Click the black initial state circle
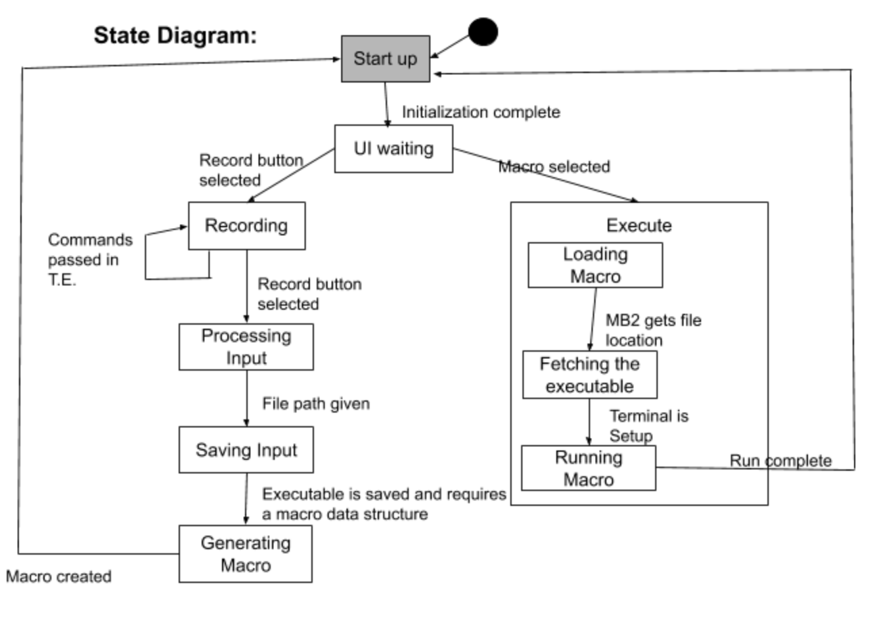point(483,32)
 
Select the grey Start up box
point(386,59)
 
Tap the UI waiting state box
point(394,149)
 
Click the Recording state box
point(247,226)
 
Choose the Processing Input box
point(246,347)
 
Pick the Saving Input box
point(246,450)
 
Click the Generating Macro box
point(246,554)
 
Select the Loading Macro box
point(595,265)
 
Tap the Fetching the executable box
point(590,375)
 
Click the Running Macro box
point(589,468)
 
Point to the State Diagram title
point(175,36)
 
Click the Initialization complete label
point(481,112)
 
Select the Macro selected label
point(554,167)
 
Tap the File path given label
point(316,404)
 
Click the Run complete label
point(781,461)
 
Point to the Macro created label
point(59,576)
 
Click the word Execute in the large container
point(639,225)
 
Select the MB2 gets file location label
point(654,330)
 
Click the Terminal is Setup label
point(649,425)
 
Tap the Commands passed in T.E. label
point(91,260)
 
